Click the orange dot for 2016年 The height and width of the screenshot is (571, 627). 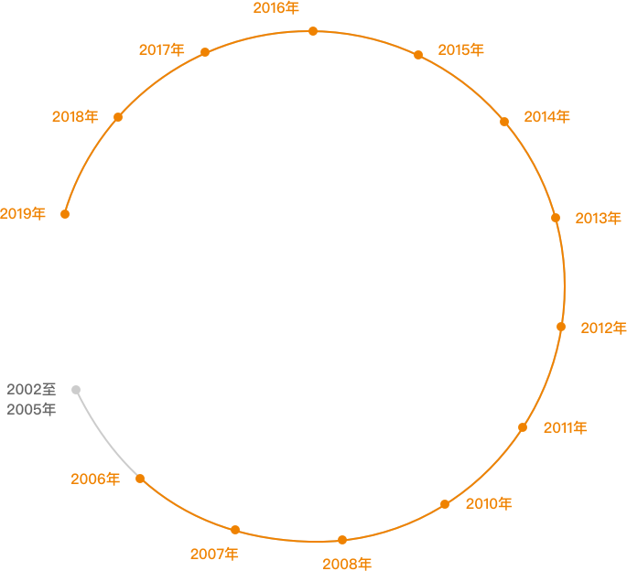[313, 31]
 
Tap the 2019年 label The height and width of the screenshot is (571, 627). [22, 214]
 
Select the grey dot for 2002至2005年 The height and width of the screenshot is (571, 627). [76, 390]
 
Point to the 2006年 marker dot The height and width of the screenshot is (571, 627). [140, 479]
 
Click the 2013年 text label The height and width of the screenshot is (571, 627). [599, 219]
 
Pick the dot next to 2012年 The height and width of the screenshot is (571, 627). [561, 327]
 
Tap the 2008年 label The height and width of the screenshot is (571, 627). [347, 564]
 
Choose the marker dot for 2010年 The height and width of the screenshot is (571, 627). [445, 504]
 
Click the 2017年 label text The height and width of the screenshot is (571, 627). [161, 50]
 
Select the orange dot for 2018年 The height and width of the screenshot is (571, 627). [118, 117]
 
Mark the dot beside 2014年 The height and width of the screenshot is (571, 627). [504, 122]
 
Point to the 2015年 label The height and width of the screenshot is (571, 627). [461, 50]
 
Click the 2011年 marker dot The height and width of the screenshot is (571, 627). [523, 427]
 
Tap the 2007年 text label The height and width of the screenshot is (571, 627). [214, 555]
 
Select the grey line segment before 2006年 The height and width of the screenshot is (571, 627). [104, 437]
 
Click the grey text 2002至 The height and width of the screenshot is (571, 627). [32, 390]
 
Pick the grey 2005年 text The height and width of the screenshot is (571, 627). [32, 409]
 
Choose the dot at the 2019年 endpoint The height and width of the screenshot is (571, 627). [65, 214]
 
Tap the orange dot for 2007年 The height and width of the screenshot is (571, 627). [235, 530]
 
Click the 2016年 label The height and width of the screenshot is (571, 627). [276, 8]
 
